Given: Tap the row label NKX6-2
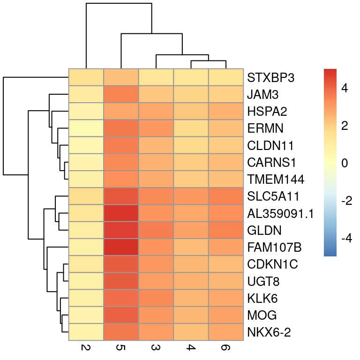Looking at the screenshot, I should point(269,332).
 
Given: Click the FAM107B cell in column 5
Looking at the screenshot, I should point(121,247).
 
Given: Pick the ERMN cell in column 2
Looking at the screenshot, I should point(86,128).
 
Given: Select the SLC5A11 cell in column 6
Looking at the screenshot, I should point(226,196).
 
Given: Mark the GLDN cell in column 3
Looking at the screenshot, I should point(156,230).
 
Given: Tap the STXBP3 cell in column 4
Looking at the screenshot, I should point(191,77).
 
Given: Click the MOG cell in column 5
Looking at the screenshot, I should point(121,315).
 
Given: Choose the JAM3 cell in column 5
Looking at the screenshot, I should point(121,94).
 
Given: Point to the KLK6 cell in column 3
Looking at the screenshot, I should point(156,298).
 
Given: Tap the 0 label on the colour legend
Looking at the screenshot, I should point(345,164).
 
